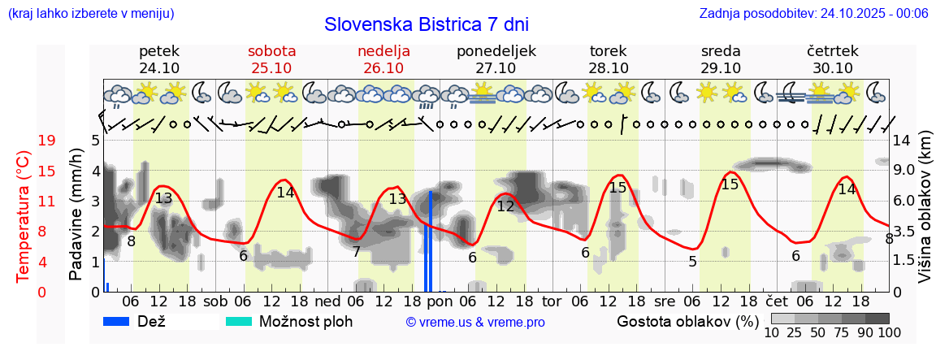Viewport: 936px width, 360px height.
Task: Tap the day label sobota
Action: click(271, 51)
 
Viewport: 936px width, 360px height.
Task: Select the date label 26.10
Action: click(383, 68)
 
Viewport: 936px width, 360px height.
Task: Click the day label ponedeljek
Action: click(496, 51)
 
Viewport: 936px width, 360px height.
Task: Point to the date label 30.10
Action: click(833, 68)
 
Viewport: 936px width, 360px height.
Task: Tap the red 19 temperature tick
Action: click(46, 141)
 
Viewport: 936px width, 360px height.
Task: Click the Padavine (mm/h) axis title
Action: click(76, 215)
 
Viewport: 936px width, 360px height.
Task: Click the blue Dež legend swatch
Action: click(122, 322)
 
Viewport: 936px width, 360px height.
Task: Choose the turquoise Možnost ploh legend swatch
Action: click(239, 322)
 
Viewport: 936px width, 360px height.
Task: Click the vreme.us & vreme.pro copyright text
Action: click(475, 323)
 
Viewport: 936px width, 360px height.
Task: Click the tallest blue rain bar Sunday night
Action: click(431, 241)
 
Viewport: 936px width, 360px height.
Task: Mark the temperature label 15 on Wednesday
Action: click(730, 184)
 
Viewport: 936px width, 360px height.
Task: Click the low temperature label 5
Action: click(692, 262)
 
